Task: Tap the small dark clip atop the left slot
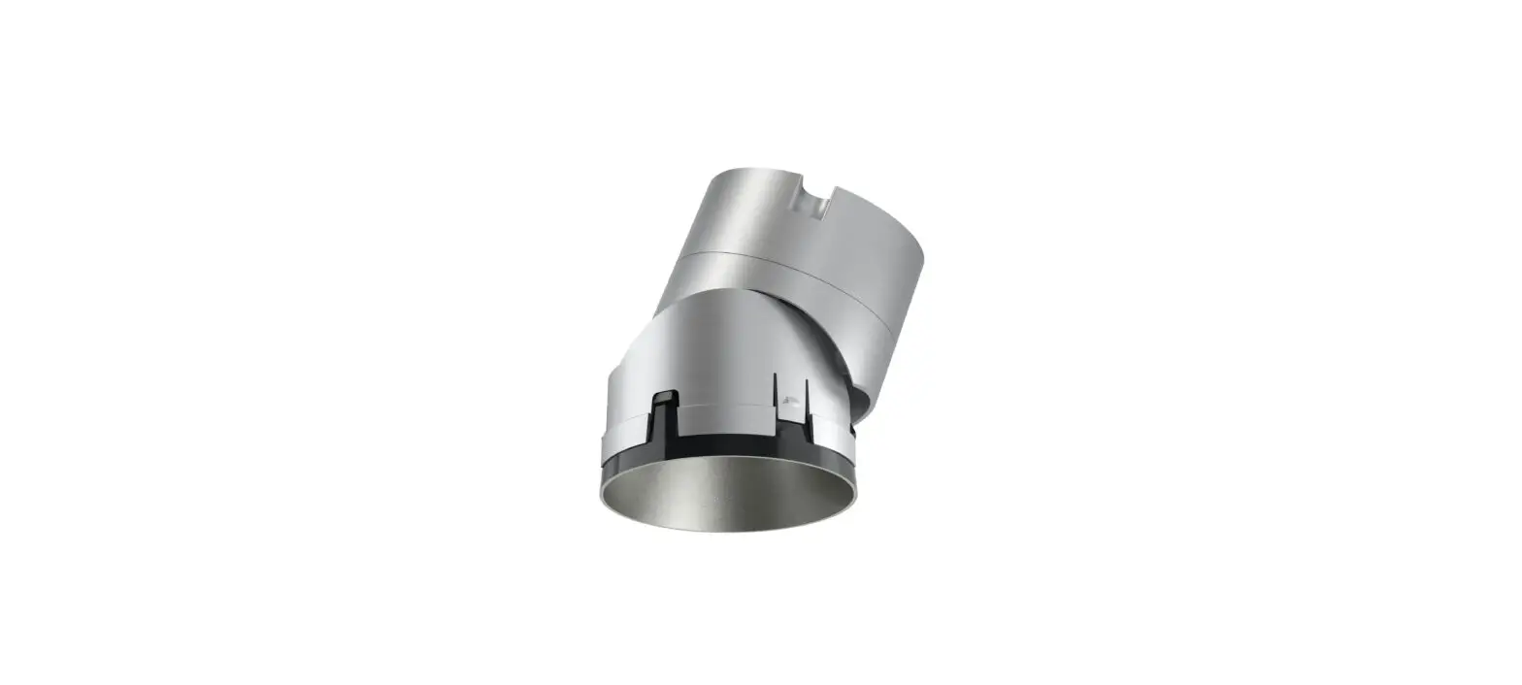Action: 664,398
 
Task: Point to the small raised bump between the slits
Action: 794,400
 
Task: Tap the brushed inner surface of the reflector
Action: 728,495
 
